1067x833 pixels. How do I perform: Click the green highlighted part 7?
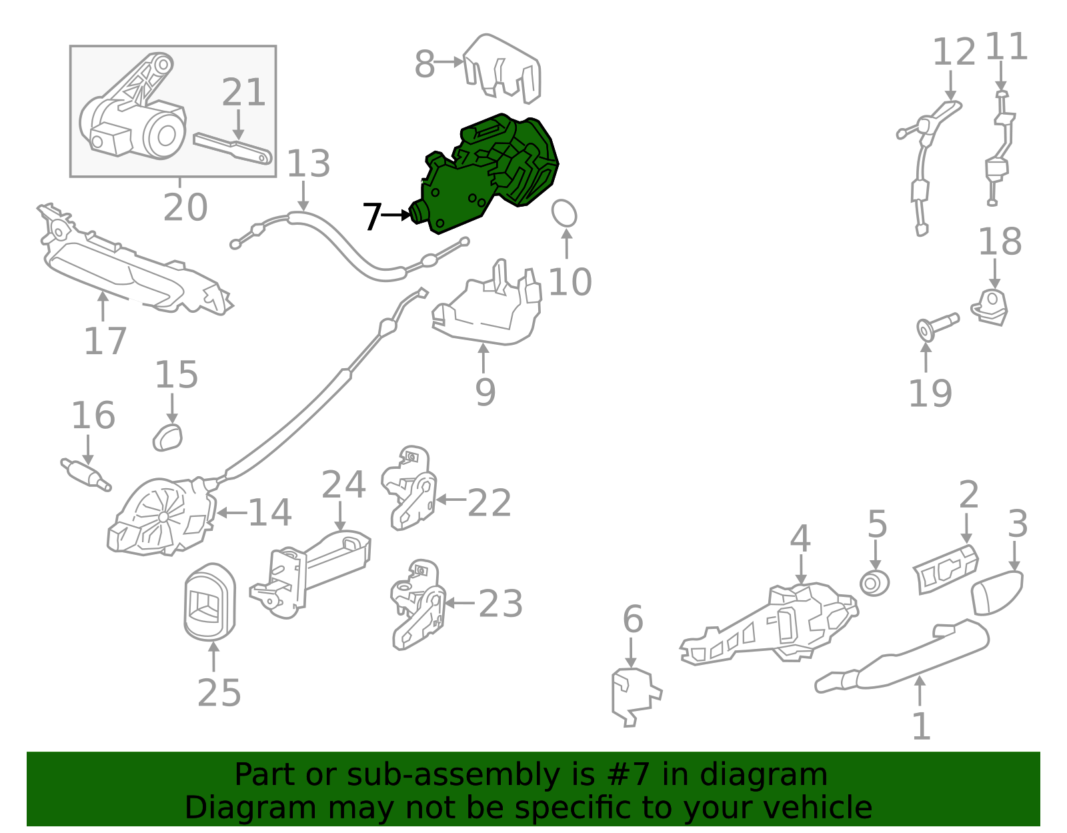click(x=486, y=172)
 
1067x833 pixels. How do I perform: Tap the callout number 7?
click(x=371, y=217)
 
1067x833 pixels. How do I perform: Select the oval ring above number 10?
click(x=564, y=213)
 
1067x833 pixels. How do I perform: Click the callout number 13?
click(x=308, y=163)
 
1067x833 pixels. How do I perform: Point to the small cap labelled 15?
click(x=167, y=438)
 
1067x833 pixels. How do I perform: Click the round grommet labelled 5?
click(x=874, y=583)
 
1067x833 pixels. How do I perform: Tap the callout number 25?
click(x=219, y=693)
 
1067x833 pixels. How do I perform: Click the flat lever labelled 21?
click(x=233, y=148)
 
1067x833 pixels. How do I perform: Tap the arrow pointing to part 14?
click(x=232, y=513)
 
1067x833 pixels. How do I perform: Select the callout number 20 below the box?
click(x=185, y=207)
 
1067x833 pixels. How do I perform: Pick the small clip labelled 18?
click(x=990, y=307)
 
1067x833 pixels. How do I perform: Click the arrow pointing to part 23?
click(x=459, y=603)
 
